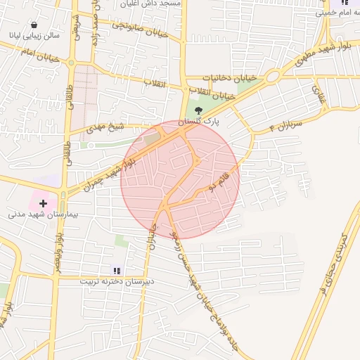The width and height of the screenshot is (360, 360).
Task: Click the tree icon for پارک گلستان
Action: tap(198, 110)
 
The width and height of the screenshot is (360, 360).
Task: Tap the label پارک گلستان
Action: tap(199, 122)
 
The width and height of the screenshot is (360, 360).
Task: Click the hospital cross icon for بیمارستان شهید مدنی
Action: tap(44, 203)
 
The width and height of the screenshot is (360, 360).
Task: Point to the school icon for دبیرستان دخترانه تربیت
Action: tap(117, 270)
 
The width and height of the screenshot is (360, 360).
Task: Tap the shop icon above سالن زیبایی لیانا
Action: tap(34, 25)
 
